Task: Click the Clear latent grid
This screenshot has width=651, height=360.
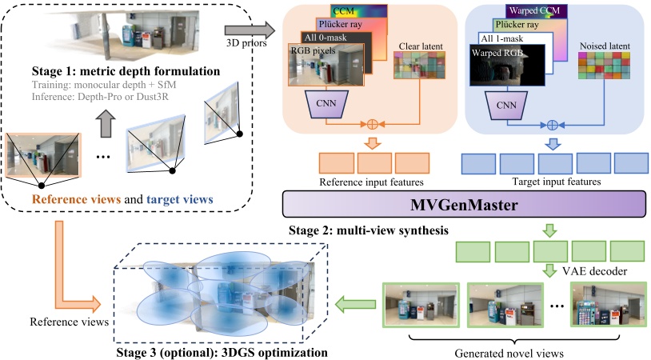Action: (416, 82)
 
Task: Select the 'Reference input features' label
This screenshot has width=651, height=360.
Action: (369, 182)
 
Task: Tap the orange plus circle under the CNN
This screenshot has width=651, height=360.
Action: (370, 124)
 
